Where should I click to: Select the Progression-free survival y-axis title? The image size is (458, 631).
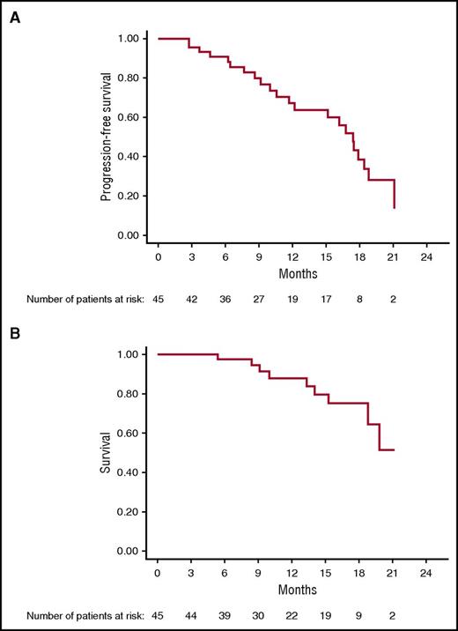coord(106,137)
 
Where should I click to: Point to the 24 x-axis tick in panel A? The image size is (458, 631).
coord(426,257)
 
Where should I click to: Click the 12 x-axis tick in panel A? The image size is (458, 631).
coord(292,257)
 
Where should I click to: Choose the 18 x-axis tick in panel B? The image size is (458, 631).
coord(359,573)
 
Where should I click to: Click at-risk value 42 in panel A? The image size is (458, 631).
coord(192,300)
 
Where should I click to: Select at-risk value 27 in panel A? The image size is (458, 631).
coord(259,300)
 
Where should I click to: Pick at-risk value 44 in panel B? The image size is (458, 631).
coord(192,615)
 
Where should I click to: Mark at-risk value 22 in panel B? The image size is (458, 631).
coord(292,615)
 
